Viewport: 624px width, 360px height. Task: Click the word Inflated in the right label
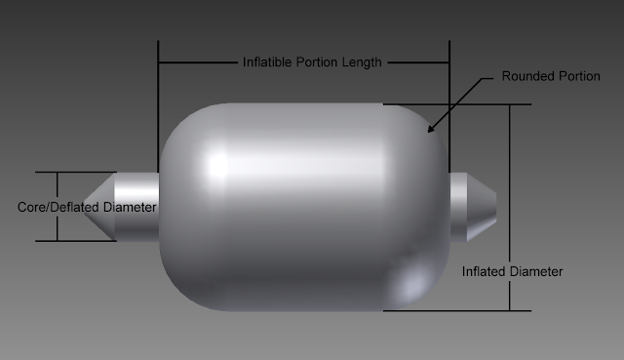click(482, 271)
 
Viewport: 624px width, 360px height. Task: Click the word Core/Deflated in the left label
click(58, 207)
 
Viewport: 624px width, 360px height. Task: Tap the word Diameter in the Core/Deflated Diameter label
click(130, 207)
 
